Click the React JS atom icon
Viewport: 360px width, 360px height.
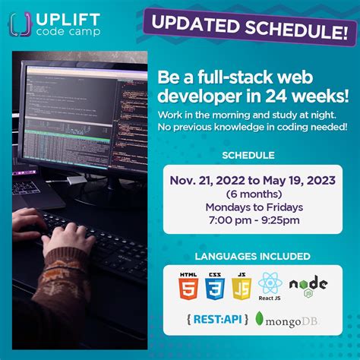(271, 285)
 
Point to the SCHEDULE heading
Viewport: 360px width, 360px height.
(248, 156)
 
